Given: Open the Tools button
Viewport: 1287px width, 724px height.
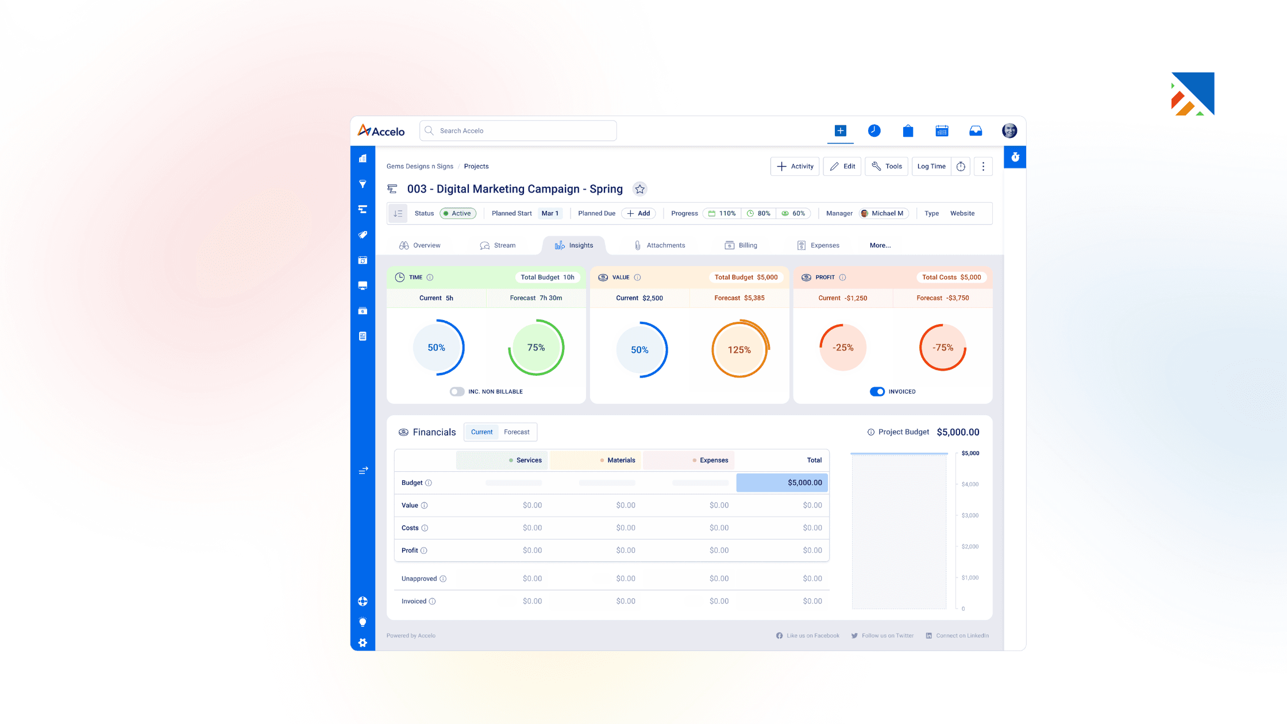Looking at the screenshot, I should pos(887,166).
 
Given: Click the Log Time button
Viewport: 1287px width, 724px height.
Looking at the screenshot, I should pos(931,166).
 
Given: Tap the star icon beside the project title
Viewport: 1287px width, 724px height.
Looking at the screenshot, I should pos(639,189).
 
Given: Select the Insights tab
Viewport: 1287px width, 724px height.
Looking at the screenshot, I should pos(573,245).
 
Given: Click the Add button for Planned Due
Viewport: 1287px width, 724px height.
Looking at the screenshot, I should pos(638,213).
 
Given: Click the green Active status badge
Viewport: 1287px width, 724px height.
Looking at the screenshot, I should pos(458,213).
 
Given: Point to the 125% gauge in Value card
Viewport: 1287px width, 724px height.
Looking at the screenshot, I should pos(739,349).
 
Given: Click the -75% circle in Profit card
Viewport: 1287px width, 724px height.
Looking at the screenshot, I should pos(942,348).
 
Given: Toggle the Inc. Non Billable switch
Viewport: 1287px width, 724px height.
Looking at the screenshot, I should pos(457,391).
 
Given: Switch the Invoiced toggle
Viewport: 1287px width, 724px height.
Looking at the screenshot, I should pos(877,391).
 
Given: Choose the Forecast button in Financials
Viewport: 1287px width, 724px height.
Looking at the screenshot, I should pos(517,432).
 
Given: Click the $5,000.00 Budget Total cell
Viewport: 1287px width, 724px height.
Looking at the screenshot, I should pos(782,483).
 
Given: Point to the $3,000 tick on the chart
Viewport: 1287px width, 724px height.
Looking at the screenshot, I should pos(969,515).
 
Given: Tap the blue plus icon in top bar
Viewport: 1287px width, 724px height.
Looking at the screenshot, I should pos(840,131).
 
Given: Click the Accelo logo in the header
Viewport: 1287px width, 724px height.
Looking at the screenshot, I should pos(381,131).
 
